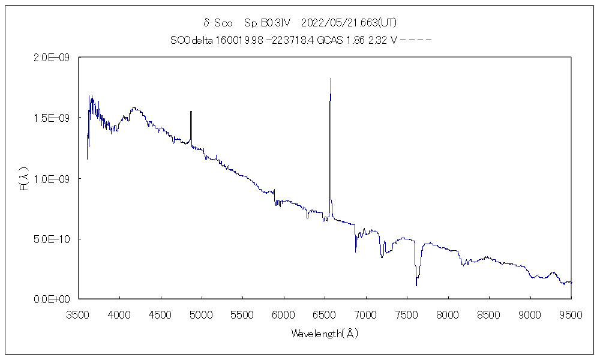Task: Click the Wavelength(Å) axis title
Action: [x=325, y=334]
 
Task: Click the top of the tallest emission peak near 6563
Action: [x=331, y=79]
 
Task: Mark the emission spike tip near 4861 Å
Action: [x=191, y=112]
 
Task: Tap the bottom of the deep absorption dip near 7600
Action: [x=416, y=285]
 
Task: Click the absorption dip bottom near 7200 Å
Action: [x=382, y=257]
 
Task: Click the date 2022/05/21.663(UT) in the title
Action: [x=348, y=23]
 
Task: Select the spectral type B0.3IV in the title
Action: [x=268, y=23]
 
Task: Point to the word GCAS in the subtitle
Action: [x=331, y=41]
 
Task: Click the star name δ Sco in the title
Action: [x=218, y=23]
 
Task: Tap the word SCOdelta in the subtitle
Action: [x=188, y=41]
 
